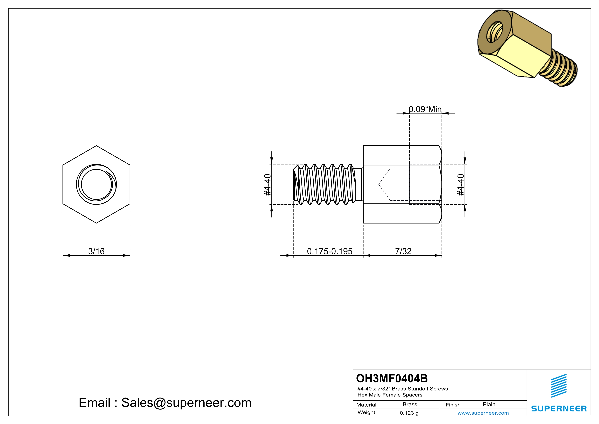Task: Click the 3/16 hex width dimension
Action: (96, 251)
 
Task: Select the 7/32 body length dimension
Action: (403, 251)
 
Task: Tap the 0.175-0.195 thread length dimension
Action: (329, 251)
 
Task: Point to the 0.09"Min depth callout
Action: (425, 109)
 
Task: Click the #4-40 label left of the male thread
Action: (268, 185)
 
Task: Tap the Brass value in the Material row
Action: (410, 404)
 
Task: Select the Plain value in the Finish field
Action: (489, 404)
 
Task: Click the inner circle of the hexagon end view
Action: (97, 184)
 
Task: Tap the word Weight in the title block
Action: (366, 412)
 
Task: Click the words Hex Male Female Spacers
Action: (390, 395)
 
